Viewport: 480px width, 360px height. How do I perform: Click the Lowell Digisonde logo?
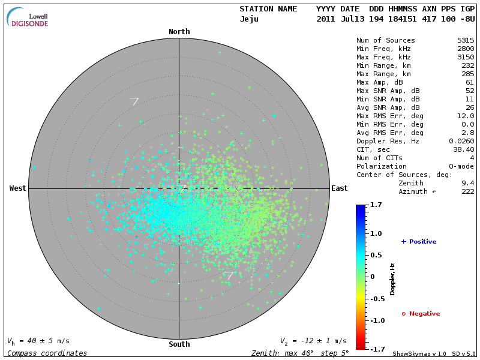tap(28, 17)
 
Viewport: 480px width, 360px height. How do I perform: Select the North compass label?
tap(179, 32)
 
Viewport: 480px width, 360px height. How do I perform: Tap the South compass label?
tap(179, 344)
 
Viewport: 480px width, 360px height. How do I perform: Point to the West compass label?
tap(17, 188)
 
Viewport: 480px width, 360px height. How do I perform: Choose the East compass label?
tap(340, 188)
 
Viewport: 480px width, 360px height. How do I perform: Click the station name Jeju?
tap(249, 19)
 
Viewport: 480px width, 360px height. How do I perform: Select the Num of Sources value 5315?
tap(465, 40)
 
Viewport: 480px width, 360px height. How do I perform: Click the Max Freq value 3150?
tap(465, 57)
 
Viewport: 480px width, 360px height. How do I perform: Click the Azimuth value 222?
tap(467, 191)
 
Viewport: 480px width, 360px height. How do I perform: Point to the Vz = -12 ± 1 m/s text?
tap(313, 341)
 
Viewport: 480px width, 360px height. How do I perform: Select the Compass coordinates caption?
tap(47, 353)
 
